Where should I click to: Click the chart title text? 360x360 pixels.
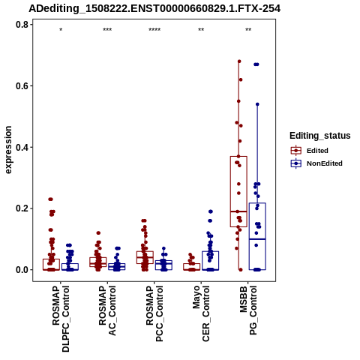click(154, 9)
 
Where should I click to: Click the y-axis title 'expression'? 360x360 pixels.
click(8, 150)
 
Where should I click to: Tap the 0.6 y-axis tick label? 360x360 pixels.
click(21, 85)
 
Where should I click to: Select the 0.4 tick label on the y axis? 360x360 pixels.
click(21, 147)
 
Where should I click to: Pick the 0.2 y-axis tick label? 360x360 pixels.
click(21, 208)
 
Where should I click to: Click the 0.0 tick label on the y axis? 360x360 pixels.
click(21, 270)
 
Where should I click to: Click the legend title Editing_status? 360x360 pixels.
click(320, 136)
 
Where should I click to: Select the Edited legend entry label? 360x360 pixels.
click(317, 151)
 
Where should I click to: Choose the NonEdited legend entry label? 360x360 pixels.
click(325, 163)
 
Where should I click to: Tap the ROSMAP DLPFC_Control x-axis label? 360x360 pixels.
click(61, 319)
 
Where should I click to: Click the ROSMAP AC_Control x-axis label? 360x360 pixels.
click(107, 310)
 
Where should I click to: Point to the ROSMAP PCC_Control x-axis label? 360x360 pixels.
click(154, 313)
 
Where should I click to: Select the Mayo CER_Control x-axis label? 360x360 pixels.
click(201, 313)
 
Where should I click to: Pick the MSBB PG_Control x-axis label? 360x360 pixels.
click(248, 310)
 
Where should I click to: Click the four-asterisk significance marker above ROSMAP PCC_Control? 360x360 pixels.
click(154, 30)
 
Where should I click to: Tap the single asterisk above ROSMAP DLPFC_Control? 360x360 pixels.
click(61, 30)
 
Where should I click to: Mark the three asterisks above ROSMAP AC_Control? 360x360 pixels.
click(107, 30)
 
